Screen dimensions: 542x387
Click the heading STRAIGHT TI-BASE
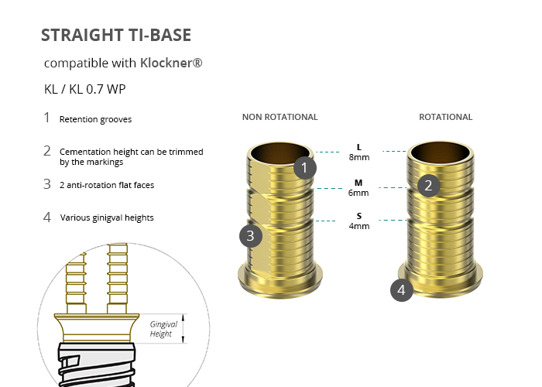(x=116, y=35)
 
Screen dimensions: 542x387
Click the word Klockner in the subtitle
(x=166, y=63)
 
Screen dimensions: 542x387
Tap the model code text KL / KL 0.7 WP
(x=84, y=89)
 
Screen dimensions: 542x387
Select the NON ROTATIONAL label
(x=280, y=117)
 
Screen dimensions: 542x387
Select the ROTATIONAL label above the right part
(x=445, y=117)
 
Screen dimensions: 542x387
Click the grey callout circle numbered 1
(x=304, y=168)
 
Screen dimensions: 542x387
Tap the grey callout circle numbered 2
(x=429, y=186)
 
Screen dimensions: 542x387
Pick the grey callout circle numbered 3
(x=251, y=236)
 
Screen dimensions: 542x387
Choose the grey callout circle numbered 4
(x=402, y=290)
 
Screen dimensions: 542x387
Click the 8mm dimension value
(x=359, y=157)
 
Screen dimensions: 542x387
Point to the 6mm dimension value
(x=358, y=193)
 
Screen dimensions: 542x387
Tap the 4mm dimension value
(x=359, y=226)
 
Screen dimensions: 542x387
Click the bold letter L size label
(x=359, y=147)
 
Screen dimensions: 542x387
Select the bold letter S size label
(x=359, y=216)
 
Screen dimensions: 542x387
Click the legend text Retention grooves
(x=95, y=119)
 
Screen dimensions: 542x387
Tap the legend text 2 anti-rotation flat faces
(x=107, y=185)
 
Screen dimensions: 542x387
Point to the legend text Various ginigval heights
(x=107, y=217)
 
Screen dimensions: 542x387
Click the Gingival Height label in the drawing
(x=163, y=329)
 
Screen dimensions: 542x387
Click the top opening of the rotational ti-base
(x=440, y=152)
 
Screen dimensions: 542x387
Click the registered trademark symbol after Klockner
(x=197, y=63)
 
